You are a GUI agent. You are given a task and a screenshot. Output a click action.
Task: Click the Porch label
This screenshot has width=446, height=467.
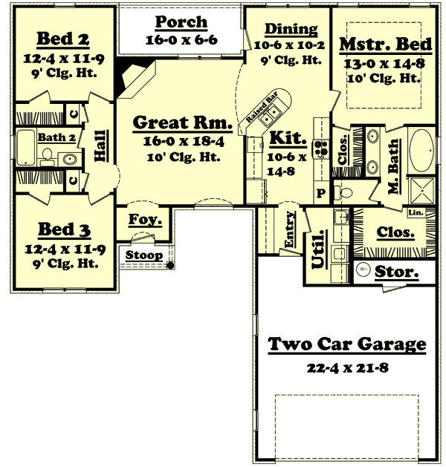coord(181,22)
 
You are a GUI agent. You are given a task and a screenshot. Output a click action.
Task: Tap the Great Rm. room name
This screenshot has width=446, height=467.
coord(182,123)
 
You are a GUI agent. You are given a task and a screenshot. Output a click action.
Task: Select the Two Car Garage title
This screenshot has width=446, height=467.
coord(346,344)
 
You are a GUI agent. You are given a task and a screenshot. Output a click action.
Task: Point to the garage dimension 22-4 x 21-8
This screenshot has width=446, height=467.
coord(347,368)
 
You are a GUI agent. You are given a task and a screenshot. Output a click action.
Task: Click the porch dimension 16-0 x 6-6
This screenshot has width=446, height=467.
coord(181,40)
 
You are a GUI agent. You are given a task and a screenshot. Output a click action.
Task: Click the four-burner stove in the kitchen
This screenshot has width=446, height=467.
coord(321,148)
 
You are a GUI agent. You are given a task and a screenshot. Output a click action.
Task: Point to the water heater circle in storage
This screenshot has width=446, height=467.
coord(363,271)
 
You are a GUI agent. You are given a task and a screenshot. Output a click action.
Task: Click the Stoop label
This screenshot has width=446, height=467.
coord(143,255)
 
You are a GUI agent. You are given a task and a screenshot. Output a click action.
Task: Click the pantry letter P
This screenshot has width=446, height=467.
coord(321,193)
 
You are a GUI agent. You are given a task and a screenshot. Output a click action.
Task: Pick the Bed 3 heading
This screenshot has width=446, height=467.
coord(56,229)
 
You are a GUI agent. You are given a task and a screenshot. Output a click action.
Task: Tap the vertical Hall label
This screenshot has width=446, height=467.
coord(99,147)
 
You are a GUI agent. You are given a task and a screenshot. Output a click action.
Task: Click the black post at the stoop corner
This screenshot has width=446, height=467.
coord(170,265)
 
